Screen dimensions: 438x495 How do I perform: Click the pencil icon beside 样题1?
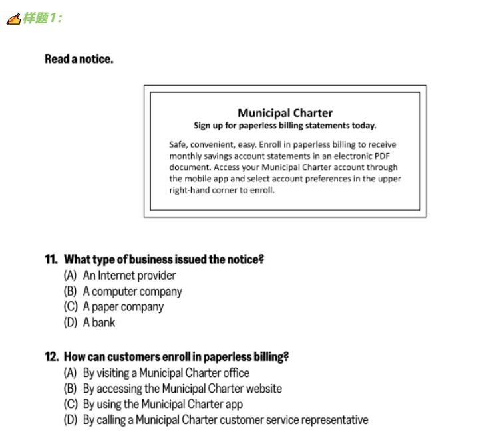click(13, 19)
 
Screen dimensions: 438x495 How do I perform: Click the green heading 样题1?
click(43, 19)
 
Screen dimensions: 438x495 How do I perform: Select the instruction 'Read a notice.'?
click(79, 59)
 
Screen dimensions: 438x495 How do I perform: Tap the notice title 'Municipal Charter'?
click(285, 113)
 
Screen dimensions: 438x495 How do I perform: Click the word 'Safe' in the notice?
click(178, 144)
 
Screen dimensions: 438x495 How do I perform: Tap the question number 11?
click(51, 259)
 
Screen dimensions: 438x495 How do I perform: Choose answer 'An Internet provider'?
click(129, 275)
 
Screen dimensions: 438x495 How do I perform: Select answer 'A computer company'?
click(132, 291)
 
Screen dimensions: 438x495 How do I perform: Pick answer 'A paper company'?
click(123, 306)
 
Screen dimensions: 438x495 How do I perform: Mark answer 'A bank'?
click(99, 322)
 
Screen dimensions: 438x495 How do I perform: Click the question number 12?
click(51, 357)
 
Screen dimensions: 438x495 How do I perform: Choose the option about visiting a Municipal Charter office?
click(166, 373)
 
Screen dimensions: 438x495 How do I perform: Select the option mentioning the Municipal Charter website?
click(182, 389)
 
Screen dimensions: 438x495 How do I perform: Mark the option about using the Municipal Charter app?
click(162, 404)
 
